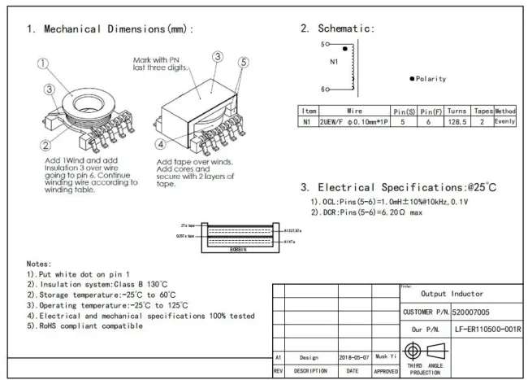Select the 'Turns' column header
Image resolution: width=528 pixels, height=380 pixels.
click(456, 109)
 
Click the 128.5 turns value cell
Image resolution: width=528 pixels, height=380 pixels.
click(456, 120)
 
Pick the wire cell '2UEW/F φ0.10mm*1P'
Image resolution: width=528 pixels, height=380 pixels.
click(354, 120)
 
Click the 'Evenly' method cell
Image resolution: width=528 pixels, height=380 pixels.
click(504, 120)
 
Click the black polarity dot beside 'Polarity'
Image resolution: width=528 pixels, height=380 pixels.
click(412, 79)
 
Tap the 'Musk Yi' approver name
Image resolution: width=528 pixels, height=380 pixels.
click(386, 356)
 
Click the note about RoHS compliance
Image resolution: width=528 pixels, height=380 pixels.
click(73, 325)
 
